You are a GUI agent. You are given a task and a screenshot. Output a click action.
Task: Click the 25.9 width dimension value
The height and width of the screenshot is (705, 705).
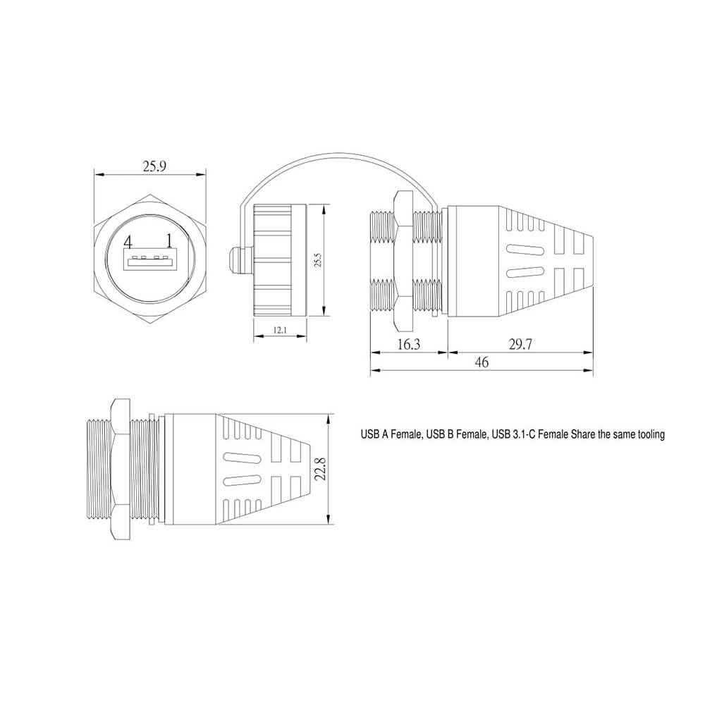(x=154, y=166)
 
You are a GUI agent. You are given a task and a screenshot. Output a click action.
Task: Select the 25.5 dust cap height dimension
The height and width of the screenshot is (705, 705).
(x=318, y=260)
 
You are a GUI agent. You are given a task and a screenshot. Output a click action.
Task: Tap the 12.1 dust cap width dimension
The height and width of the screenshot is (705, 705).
(x=280, y=330)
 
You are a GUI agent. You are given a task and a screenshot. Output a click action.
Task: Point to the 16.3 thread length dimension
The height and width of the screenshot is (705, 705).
(x=409, y=345)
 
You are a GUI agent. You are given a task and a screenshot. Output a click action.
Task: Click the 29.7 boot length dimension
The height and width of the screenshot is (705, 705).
(x=520, y=345)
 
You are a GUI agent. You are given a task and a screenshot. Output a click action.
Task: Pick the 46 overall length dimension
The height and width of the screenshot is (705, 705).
(x=482, y=362)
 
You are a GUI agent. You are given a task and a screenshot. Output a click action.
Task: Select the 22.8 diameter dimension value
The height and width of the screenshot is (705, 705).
(x=320, y=469)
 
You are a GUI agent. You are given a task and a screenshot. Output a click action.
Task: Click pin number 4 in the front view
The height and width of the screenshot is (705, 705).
(x=128, y=243)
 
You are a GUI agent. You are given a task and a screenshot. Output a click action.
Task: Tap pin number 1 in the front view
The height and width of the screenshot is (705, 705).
(x=169, y=241)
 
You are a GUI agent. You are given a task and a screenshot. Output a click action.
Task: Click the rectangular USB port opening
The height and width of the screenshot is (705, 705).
(x=149, y=261)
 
